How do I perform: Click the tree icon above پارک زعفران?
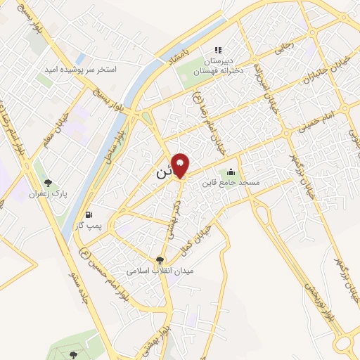pos(48,183)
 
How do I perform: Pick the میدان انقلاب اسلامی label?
pos(160,270)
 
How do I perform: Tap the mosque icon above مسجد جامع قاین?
pos(231,172)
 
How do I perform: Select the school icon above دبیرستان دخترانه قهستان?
pos(218,49)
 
